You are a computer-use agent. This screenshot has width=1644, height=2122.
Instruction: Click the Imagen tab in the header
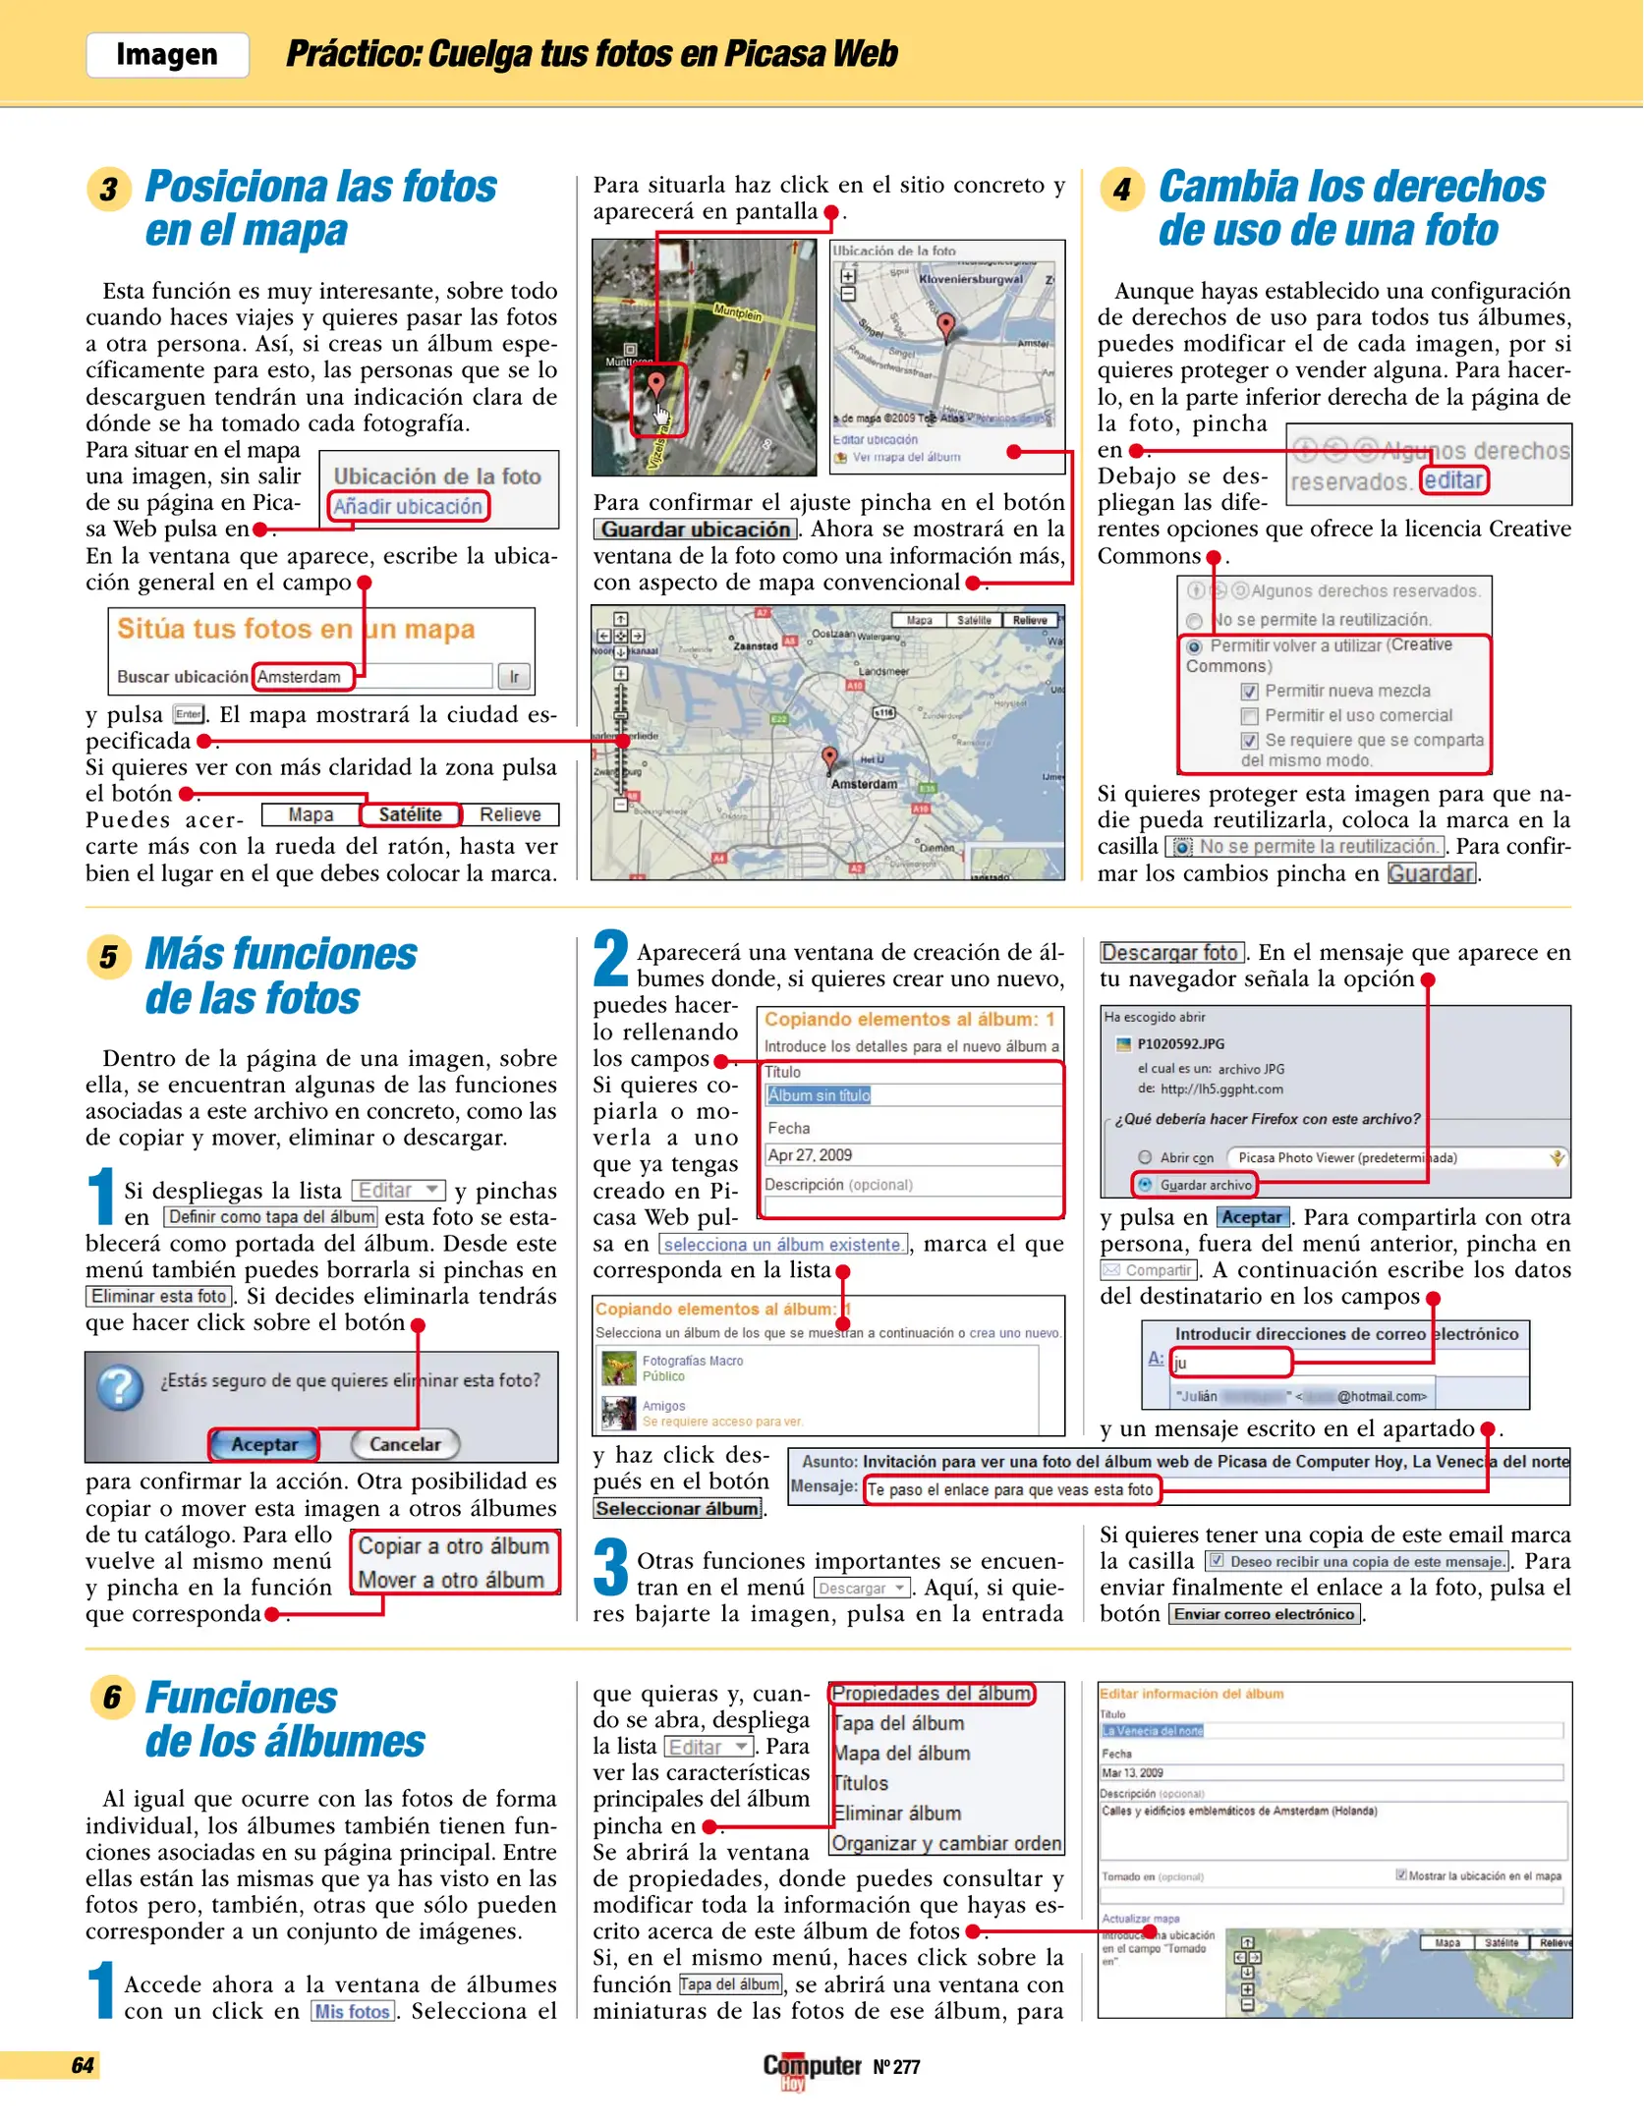(167, 54)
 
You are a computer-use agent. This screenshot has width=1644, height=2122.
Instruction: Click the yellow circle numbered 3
(109, 189)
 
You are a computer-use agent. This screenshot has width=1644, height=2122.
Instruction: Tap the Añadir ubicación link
(407, 506)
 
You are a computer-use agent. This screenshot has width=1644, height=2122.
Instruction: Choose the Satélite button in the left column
(410, 814)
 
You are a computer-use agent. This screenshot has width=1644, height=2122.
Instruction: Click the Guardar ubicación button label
(696, 530)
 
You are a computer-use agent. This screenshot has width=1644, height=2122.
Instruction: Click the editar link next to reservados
(1453, 480)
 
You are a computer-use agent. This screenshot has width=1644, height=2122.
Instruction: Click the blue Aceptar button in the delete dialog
(264, 1444)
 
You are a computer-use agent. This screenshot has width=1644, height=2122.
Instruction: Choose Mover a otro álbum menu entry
(451, 1580)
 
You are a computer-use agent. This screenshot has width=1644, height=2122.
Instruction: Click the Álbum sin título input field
(912, 1095)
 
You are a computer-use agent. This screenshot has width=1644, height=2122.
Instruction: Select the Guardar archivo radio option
(1145, 1185)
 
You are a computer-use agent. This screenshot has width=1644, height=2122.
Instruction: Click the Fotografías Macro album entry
(692, 1361)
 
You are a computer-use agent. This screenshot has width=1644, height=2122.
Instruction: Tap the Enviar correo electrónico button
(1264, 1614)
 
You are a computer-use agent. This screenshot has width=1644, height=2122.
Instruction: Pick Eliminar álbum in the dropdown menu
(896, 1814)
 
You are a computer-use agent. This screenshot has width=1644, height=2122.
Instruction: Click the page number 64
(83, 2065)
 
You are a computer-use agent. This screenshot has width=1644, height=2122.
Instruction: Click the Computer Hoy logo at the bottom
(812, 2068)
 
